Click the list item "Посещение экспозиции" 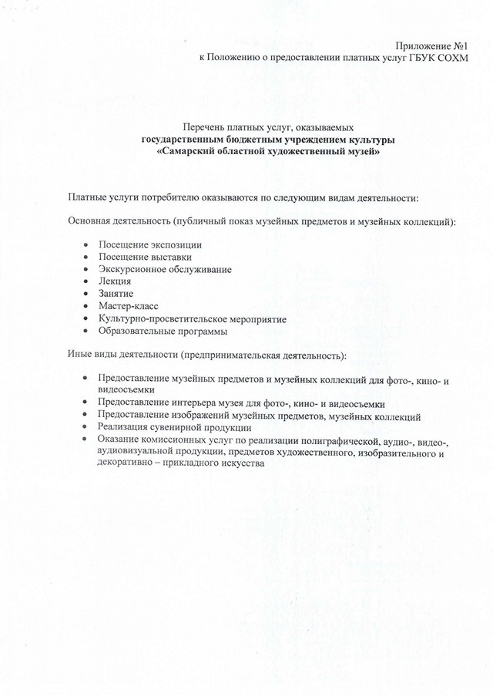[144, 244]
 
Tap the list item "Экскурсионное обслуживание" [165, 269]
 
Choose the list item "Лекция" [115, 281]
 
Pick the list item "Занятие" [116, 294]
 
